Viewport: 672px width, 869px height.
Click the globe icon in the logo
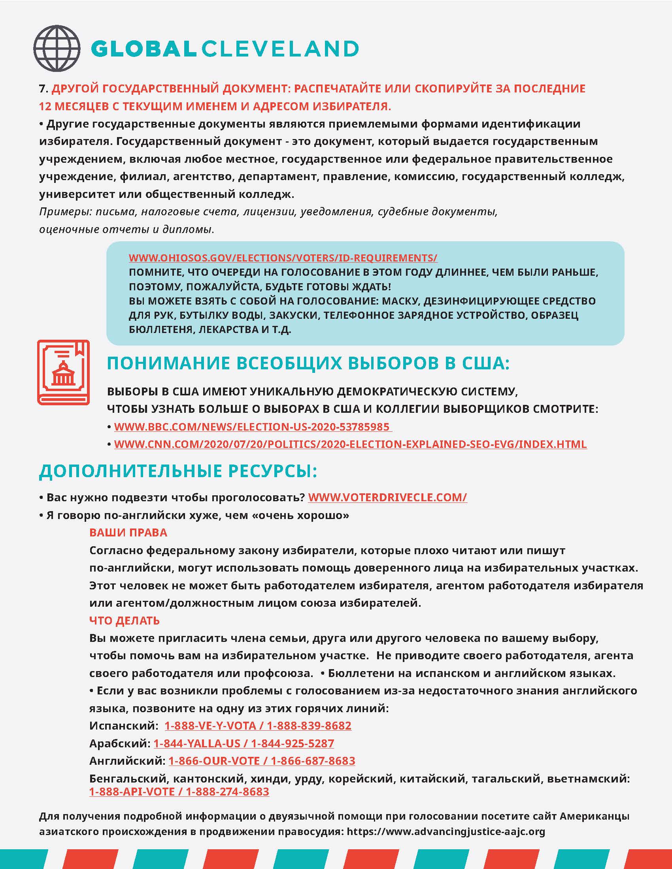click(57, 48)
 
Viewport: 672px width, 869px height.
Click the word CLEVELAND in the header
click(280, 49)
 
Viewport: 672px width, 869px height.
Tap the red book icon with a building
click(63, 372)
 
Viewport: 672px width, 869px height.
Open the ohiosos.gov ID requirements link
click(283, 258)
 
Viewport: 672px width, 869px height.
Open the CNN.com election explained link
click(350, 444)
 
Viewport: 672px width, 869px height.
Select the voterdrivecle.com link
click(387, 497)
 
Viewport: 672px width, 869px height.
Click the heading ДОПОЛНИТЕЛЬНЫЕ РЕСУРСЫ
click(178, 471)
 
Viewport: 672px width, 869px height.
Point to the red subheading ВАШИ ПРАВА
click(128, 532)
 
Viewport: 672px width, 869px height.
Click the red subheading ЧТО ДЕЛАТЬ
click(124, 620)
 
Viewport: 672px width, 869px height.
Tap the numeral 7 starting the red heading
click(42, 89)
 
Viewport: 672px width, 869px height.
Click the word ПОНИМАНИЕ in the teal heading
click(168, 363)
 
